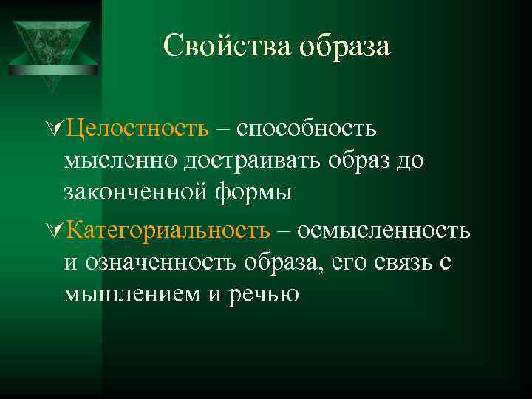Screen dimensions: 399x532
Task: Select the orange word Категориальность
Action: coord(167,231)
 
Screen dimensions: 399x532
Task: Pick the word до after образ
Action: coord(410,161)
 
